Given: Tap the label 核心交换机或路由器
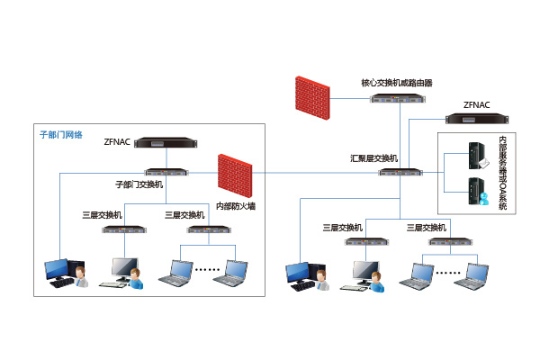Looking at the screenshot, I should point(397,82).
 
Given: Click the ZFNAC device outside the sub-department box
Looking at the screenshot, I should point(476,118).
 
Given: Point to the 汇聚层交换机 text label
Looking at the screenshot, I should point(373,157).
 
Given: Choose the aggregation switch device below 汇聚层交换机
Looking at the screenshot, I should point(400,170).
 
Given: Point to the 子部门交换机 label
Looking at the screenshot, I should point(139,184).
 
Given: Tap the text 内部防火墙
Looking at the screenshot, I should point(236,206).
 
